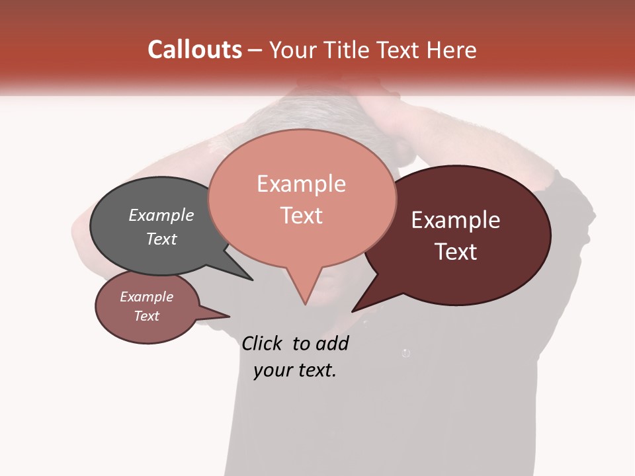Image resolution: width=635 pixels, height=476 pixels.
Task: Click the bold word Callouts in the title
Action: point(194,50)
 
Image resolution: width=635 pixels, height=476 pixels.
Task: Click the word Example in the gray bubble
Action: point(161,215)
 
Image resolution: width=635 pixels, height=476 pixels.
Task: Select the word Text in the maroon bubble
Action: point(456,251)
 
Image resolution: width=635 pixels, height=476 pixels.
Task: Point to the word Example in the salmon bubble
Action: point(301,184)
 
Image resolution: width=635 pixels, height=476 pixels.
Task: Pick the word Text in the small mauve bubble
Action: point(146,316)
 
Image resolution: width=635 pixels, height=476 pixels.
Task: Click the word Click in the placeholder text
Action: point(262,343)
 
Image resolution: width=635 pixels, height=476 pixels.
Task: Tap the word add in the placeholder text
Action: point(331,343)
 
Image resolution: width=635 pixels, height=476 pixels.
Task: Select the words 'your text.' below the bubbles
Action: point(294,370)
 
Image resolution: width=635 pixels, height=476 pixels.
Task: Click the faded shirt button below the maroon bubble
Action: point(405,353)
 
